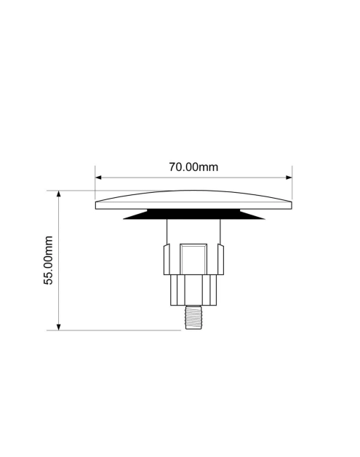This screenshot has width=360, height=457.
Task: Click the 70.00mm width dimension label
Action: tap(193, 167)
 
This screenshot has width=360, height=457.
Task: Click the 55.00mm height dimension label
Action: tap(48, 261)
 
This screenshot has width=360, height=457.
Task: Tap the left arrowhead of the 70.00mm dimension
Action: tap(98, 178)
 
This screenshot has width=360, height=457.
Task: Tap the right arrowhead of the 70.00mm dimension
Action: tap(289, 178)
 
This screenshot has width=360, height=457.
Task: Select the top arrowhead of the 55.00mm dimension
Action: tap(58, 194)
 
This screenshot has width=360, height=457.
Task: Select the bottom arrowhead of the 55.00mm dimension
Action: tap(58, 327)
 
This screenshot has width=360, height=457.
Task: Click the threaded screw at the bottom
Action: tap(193, 317)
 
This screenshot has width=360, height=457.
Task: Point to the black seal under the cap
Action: tap(193, 214)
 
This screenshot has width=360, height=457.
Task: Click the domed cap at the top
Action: tap(193, 200)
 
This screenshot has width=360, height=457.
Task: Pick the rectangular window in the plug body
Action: tap(193, 259)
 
